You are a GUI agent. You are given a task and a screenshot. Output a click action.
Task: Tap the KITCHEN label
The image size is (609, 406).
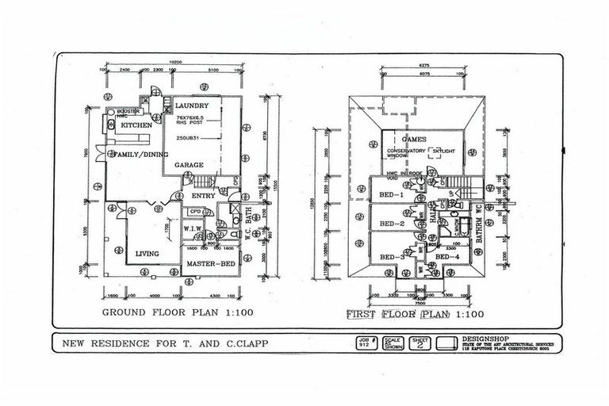click(x=136, y=126)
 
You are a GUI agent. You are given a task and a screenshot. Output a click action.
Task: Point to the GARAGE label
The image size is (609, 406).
click(x=190, y=165)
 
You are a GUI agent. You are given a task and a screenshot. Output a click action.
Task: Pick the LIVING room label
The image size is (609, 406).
click(x=147, y=254)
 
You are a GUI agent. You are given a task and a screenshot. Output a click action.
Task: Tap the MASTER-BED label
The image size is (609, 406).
click(x=209, y=262)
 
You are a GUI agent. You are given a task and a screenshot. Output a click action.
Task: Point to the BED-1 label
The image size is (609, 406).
click(x=391, y=195)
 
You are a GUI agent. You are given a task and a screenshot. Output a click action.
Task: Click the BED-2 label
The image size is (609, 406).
click(x=391, y=224)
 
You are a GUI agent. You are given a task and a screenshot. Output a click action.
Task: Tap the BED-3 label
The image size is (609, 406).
click(x=392, y=258)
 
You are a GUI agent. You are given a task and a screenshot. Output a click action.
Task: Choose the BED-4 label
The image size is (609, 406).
click(x=449, y=258)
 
